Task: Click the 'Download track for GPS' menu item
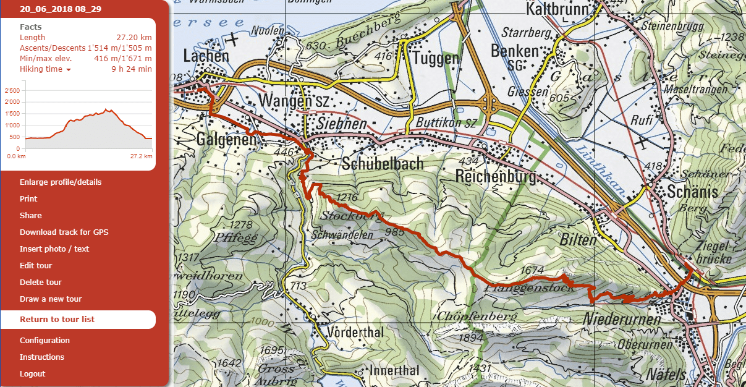point(64,232)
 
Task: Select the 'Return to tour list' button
point(57,319)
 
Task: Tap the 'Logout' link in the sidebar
point(32,373)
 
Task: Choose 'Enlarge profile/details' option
point(61,182)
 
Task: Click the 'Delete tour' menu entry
point(41,282)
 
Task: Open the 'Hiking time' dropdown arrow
point(69,70)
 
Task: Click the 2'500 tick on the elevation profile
point(12,91)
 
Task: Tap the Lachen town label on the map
point(206,56)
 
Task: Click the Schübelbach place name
point(382,163)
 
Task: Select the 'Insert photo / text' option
point(54,249)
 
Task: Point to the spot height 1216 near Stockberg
point(347,198)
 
